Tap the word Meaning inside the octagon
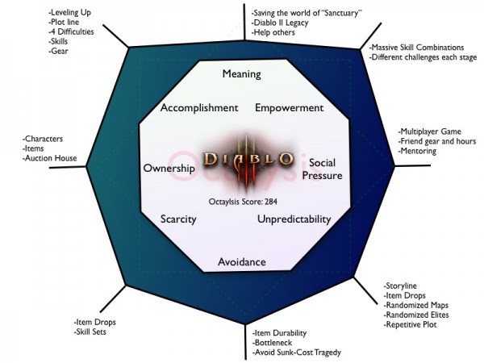tap(242, 74)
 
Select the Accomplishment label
tap(199, 108)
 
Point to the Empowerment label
tap(290, 108)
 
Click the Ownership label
tap(169, 169)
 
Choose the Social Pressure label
tap(322, 169)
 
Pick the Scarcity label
tap(178, 219)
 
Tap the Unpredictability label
tap(294, 219)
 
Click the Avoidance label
tap(242, 261)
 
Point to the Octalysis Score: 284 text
tap(243, 202)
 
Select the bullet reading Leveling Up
tap(69, 13)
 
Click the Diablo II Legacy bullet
tap(280, 23)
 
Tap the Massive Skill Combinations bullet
tap(417, 48)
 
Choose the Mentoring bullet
tap(417, 152)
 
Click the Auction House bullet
tap(50, 158)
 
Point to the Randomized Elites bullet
tap(416, 315)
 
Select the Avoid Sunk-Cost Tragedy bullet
tap(297, 353)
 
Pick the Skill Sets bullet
tap(90, 332)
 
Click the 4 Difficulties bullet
tap(71, 31)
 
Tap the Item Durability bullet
tap(279, 333)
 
